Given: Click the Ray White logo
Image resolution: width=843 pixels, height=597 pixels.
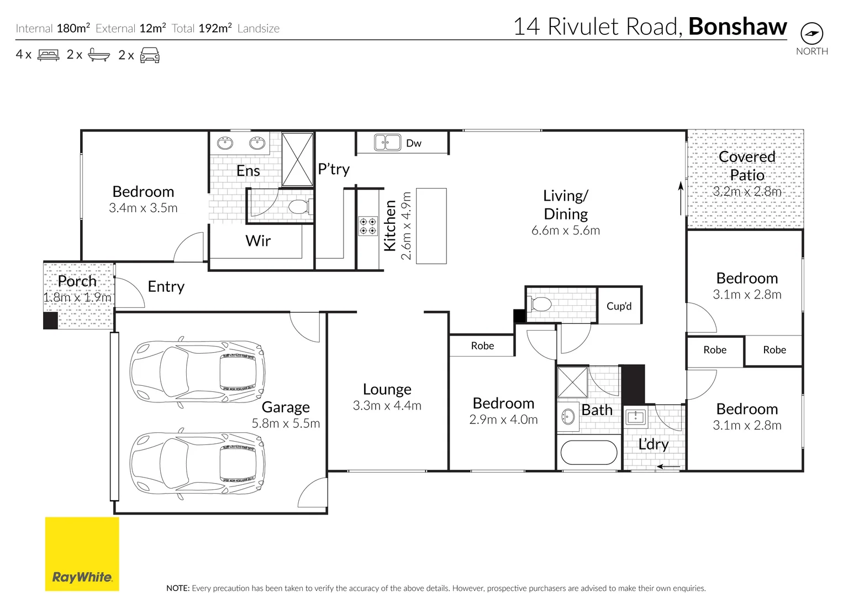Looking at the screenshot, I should click(82, 554).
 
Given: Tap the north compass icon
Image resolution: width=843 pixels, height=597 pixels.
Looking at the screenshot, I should click(812, 34).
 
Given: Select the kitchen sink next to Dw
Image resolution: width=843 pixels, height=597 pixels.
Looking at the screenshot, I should click(387, 143).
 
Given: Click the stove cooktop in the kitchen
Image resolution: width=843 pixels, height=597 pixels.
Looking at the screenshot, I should click(368, 226).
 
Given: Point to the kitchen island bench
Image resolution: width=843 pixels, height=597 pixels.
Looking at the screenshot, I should click(431, 226).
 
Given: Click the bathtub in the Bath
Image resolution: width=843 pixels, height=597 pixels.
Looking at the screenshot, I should click(589, 453).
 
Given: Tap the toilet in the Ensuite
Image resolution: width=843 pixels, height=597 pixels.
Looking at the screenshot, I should click(299, 207).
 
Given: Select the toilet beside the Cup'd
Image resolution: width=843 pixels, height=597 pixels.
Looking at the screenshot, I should click(540, 305).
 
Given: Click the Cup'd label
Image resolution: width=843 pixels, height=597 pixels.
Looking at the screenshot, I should click(619, 306).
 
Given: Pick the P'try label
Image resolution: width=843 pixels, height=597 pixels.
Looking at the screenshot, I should click(334, 169).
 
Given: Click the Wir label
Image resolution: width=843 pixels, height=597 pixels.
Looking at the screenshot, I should click(258, 241).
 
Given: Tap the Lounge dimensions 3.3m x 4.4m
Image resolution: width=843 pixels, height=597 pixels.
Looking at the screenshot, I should click(387, 406).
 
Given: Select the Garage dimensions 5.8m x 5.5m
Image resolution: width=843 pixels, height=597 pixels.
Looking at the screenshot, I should click(286, 423).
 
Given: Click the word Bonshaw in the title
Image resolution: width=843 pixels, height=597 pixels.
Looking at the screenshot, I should click(737, 27).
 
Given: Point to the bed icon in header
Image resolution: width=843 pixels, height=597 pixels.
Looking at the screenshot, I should click(48, 55).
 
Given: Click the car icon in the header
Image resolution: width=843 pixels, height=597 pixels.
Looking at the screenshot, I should click(150, 55).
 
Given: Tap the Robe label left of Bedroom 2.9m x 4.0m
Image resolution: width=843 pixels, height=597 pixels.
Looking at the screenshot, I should click(482, 346).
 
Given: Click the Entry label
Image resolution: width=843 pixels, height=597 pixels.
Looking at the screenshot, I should click(166, 286).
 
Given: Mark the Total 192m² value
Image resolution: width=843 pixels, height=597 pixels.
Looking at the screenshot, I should click(215, 28).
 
